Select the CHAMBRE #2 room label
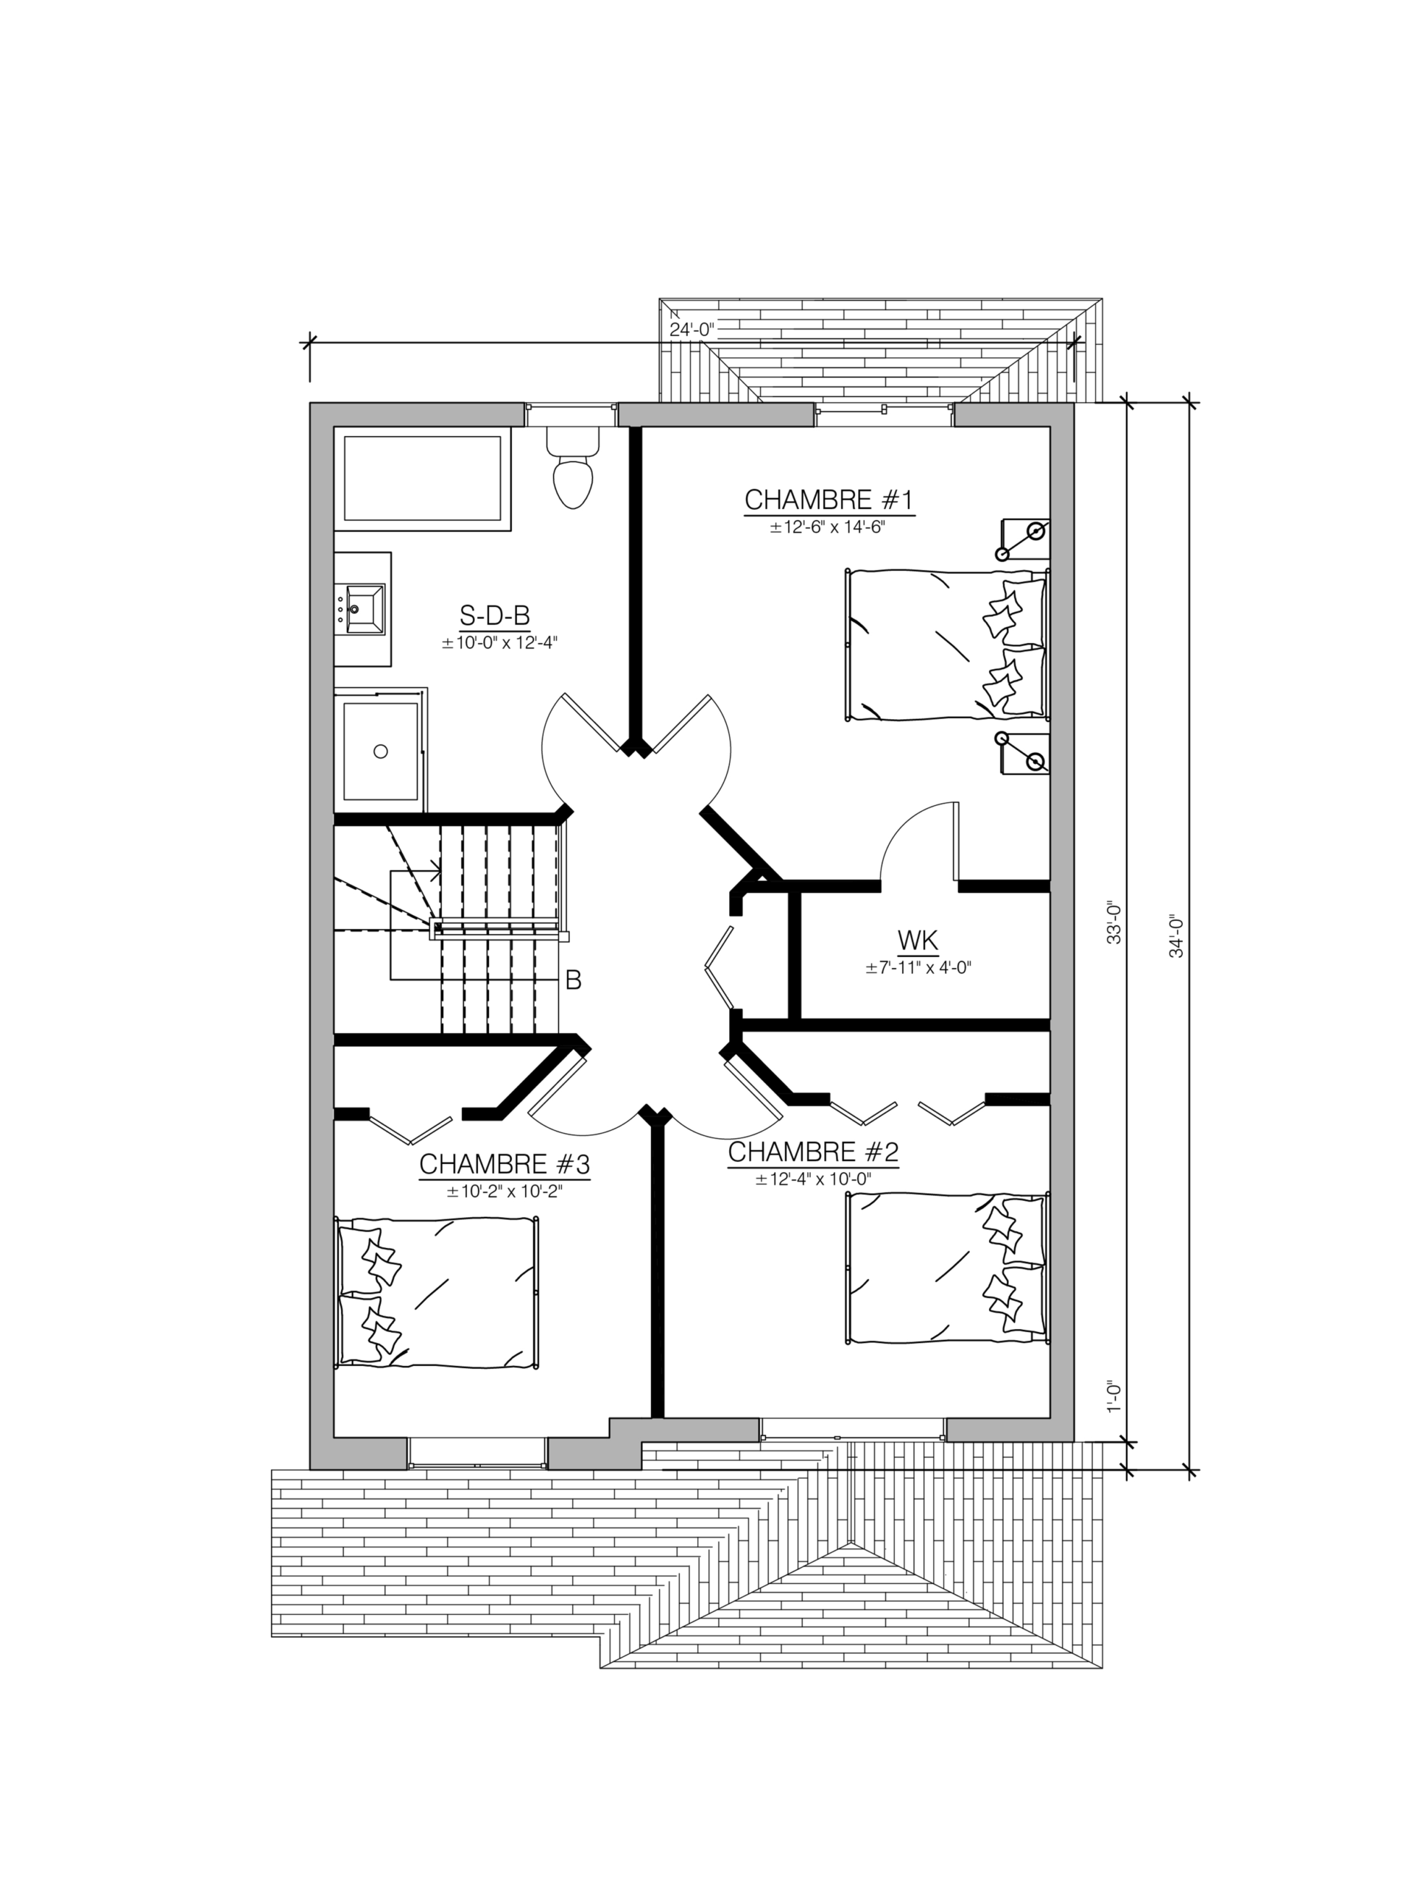tap(813, 1152)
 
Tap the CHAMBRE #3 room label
tap(504, 1164)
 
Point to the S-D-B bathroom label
tap(494, 614)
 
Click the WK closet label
tap(918, 941)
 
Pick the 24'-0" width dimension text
tap(692, 329)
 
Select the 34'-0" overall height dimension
tap(1176, 936)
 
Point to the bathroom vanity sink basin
tap(364, 609)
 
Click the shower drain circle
tap(381, 751)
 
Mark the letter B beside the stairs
tap(574, 981)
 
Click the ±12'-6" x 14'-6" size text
tap(828, 527)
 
